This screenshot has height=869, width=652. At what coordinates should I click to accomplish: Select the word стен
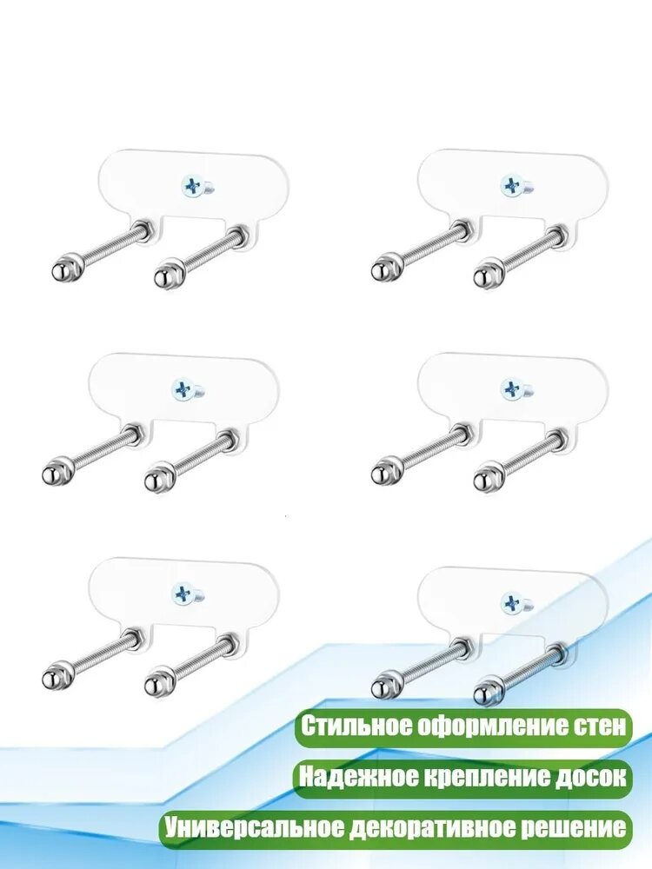[602, 726]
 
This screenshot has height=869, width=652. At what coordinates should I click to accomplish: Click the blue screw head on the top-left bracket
[193, 187]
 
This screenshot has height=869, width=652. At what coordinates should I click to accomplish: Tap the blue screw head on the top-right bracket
[511, 186]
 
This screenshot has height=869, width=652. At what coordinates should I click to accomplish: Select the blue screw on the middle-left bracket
[183, 389]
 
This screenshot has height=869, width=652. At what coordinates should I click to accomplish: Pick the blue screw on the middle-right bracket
[511, 389]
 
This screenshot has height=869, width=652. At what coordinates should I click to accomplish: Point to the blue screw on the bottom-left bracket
[183, 594]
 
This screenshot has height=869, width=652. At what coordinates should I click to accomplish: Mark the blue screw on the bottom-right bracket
[511, 603]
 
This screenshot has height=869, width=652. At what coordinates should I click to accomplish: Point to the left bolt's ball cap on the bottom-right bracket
[381, 688]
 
